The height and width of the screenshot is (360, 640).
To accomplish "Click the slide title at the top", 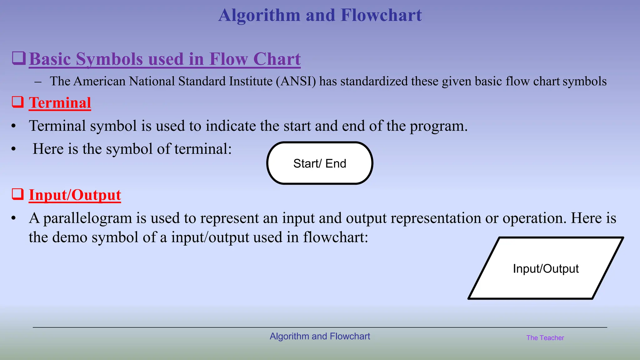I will pyautogui.click(x=320, y=15).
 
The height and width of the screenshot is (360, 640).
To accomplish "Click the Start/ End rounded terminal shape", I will pyautogui.click(x=320, y=163).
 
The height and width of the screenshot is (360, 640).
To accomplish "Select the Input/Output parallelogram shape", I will pyautogui.click(x=546, y=268).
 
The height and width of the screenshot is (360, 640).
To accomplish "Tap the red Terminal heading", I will pyautogui.click(x=60, y=103).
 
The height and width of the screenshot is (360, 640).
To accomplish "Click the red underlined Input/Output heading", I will pyautogui.click(x=75, y=195).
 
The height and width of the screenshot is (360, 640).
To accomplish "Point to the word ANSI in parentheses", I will pyautogui.click(x=296, y=81).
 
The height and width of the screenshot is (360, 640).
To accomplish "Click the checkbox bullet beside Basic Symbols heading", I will pyautogui.click(x=19, y=58).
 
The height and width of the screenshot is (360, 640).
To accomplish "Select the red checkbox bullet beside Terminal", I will pyautogui.click(x=18, y=102).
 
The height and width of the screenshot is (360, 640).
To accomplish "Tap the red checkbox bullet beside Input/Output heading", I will pyautogui.click(x=18, y=194).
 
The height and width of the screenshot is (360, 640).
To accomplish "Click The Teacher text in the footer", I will pyautogui.click(x=545, y=338).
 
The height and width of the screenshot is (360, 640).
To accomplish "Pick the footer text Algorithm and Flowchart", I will pyautogui.click(x=320, y=336).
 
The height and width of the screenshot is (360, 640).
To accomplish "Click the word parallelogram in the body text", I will pyautogui.click(x=87, y=218).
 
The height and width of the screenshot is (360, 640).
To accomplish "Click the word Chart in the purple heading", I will pyautogui.click(x=277, y=59).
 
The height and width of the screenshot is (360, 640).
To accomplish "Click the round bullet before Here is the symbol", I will pyautogui.click(x=13, y=149).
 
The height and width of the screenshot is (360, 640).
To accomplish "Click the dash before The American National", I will pyautogui.click(x=38, y=82).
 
